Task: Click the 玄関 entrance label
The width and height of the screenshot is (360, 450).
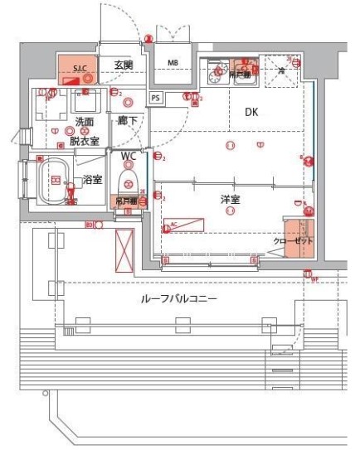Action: tap(124, 64)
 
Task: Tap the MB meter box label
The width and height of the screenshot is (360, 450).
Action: tap(173, 63)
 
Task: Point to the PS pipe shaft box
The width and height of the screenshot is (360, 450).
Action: tap(156, 98)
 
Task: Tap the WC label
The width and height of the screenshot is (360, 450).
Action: tap(129, 156)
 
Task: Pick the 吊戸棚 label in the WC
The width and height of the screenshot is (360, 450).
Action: tap(126, 201)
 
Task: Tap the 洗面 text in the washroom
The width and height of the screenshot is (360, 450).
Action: tap(85, 122)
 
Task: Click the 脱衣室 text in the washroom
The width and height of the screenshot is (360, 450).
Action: tap(85, 141)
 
